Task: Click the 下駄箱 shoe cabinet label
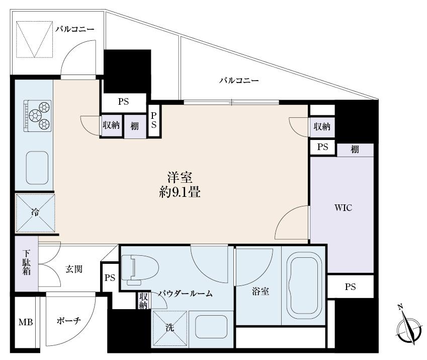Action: [26, 263]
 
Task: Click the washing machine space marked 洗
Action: [169, 328]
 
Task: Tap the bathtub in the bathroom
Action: [303, 285]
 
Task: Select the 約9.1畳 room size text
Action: [180, 192]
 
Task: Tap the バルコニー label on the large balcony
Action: [238, 81]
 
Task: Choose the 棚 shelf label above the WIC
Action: [355, 150]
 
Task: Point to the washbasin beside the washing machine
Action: [211, 328]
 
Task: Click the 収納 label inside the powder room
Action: [144, 301]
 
